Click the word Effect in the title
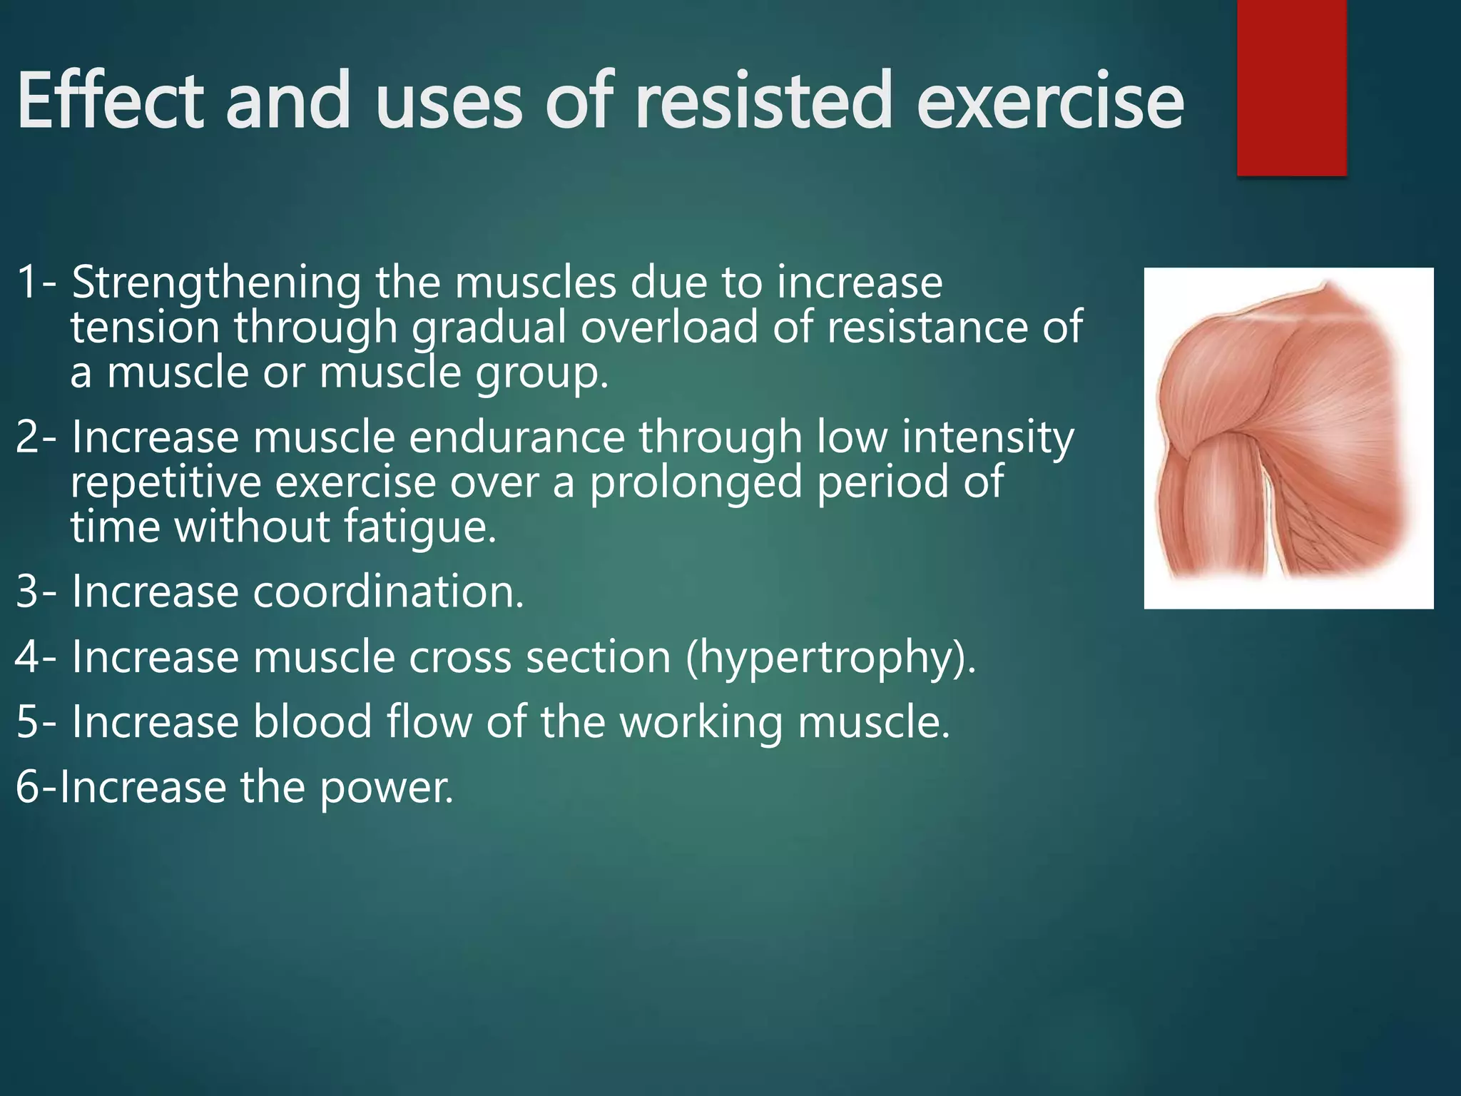[111, 101]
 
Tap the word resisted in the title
[763, 101]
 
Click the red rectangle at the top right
[1291, 88]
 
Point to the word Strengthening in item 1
[217, 283]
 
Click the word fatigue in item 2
[419, 527]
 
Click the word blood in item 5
[312, 722]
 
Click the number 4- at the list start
[36, 658]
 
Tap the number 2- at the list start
[36, 437]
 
